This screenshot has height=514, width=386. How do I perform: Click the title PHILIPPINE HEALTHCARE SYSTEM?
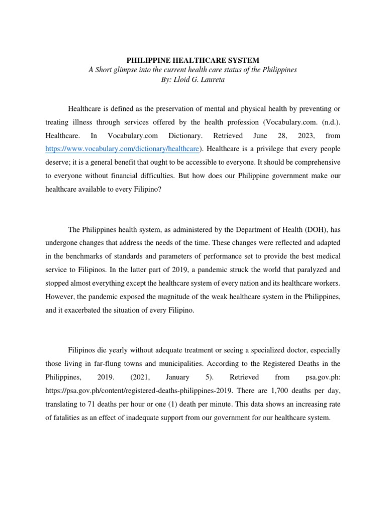193,60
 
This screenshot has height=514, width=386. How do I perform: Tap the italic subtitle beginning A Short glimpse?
193,70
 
